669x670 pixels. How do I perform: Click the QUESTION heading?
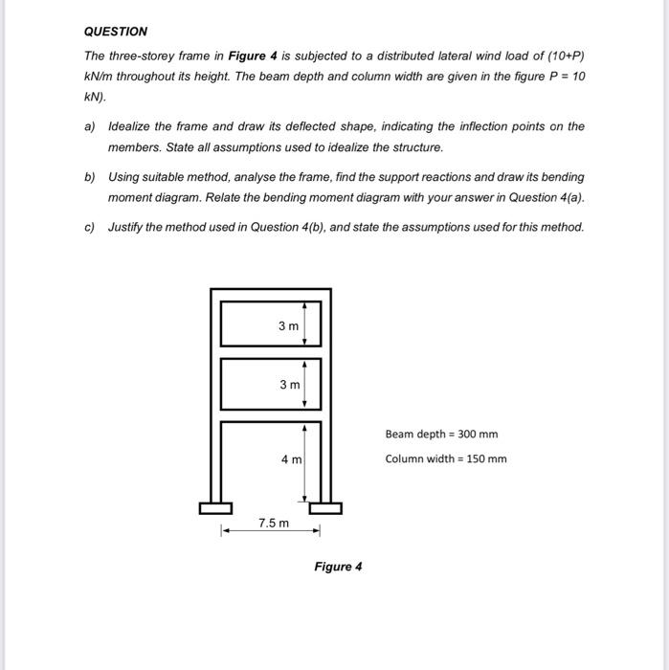[x=116, y=32]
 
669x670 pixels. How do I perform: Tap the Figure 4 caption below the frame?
[x=338, y=567]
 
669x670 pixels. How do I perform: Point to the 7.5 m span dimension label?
[x=273, y=523]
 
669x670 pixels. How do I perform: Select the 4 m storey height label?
[x=291, y=460]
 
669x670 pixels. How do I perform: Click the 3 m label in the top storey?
[x=288, y=326]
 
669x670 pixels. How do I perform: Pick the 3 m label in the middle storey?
[x=288, y=385]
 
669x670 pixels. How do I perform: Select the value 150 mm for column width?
[x=488, y=458]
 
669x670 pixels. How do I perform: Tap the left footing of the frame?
[x=215, y=507]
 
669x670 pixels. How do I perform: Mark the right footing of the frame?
[x=325, y=507]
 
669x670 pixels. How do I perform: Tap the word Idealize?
[x=134, y=126]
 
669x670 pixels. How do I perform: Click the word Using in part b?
[x=124, y=177]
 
